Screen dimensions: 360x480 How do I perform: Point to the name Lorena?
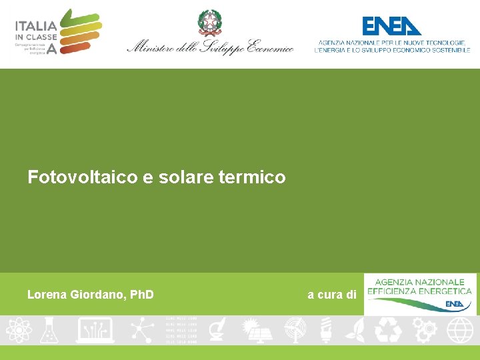pos(47,294)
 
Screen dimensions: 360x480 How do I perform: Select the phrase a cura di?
pos(331,294)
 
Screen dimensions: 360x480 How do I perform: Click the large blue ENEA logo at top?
pos(391,26)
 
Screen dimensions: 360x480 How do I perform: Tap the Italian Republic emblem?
pos(208,23)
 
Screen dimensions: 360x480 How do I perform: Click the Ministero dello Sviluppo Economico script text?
pos(210,47)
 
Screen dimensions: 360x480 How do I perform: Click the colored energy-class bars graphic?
pos(81,31)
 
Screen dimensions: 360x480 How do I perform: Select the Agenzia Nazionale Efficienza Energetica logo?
pos(420,293)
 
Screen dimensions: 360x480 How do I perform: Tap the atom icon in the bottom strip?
pos(17,329)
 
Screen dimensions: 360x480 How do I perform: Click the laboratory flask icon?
pos(49,329)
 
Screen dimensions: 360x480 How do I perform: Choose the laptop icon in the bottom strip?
pos(95,329)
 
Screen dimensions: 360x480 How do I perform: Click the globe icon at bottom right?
pos(460,329)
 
